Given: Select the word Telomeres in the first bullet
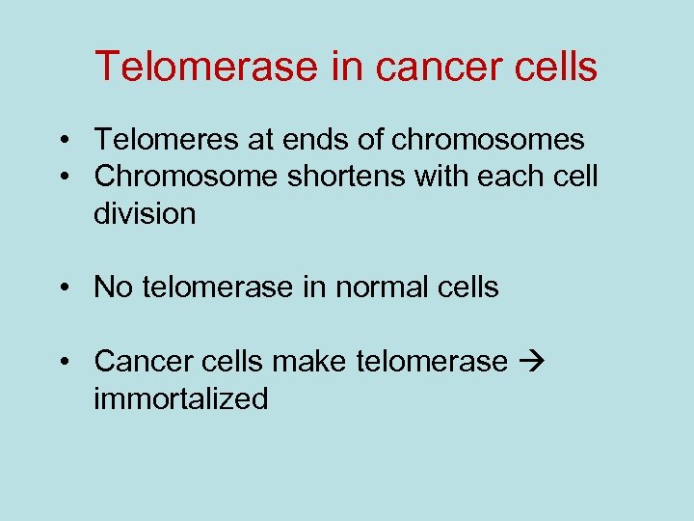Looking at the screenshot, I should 165,140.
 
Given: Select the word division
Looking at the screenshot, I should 145,213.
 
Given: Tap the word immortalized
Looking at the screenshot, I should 181,398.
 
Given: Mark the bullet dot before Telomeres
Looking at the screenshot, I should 62,141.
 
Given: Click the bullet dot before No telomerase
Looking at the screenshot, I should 62,288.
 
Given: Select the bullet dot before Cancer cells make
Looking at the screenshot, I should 62,362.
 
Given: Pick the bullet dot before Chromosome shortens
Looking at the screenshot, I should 62,178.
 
